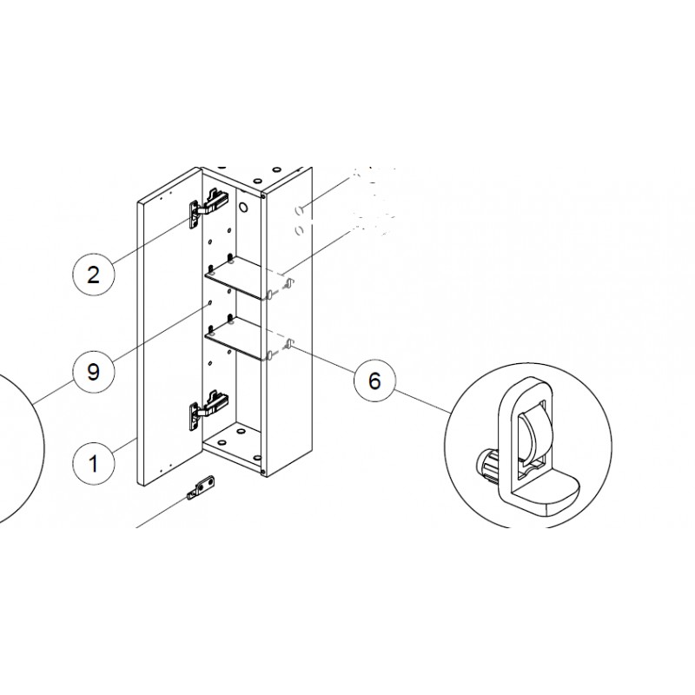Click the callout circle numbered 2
(93, 275)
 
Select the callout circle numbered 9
(93, 371)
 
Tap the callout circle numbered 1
(93, 464)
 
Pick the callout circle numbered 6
(374, 381)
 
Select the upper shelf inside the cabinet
(245, 277)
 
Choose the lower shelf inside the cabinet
(245, 338)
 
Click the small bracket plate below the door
(202, 487)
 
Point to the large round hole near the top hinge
(243, 207)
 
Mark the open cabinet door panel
(170, 326)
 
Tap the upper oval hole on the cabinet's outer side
(299, 210)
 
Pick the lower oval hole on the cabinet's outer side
(299, 230)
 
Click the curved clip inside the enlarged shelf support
(532, 436)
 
